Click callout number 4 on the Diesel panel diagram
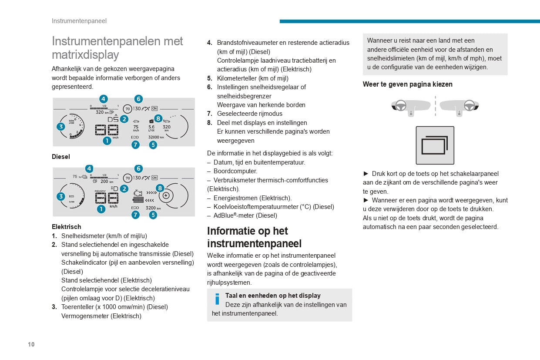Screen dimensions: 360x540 104,99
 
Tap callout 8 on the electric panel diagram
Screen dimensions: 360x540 160,188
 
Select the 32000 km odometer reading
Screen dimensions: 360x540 156,137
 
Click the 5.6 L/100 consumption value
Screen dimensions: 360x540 151,128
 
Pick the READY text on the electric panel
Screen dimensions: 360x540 101,191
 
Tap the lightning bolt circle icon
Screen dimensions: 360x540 166,195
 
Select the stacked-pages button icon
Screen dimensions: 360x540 435,145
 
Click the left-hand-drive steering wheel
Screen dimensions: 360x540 401,105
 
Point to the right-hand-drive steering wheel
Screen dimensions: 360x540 469,105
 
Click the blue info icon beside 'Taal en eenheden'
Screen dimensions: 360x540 217,299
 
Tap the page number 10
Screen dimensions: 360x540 31,344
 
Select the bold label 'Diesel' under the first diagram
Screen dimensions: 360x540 61,157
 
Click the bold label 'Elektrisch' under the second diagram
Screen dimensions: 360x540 66,227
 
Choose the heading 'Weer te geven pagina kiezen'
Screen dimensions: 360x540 407,84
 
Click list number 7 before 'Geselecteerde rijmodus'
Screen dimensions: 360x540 209,114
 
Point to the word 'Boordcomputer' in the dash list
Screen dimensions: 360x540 235,171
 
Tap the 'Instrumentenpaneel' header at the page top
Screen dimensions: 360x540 79,21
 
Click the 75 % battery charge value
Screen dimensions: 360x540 75,177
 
